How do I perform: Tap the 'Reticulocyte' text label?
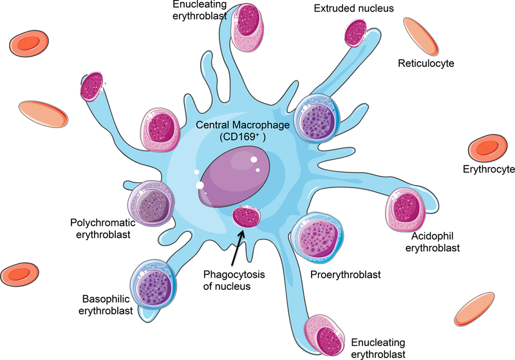[x=426, y=63]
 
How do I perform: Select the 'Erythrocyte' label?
[x=489, y=169]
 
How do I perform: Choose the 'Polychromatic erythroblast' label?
[x=106, y=229]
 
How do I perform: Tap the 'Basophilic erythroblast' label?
[x=108, y=305]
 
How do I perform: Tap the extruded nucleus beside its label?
[x=355, y=32]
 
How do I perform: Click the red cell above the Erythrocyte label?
[x=484, y=149]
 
